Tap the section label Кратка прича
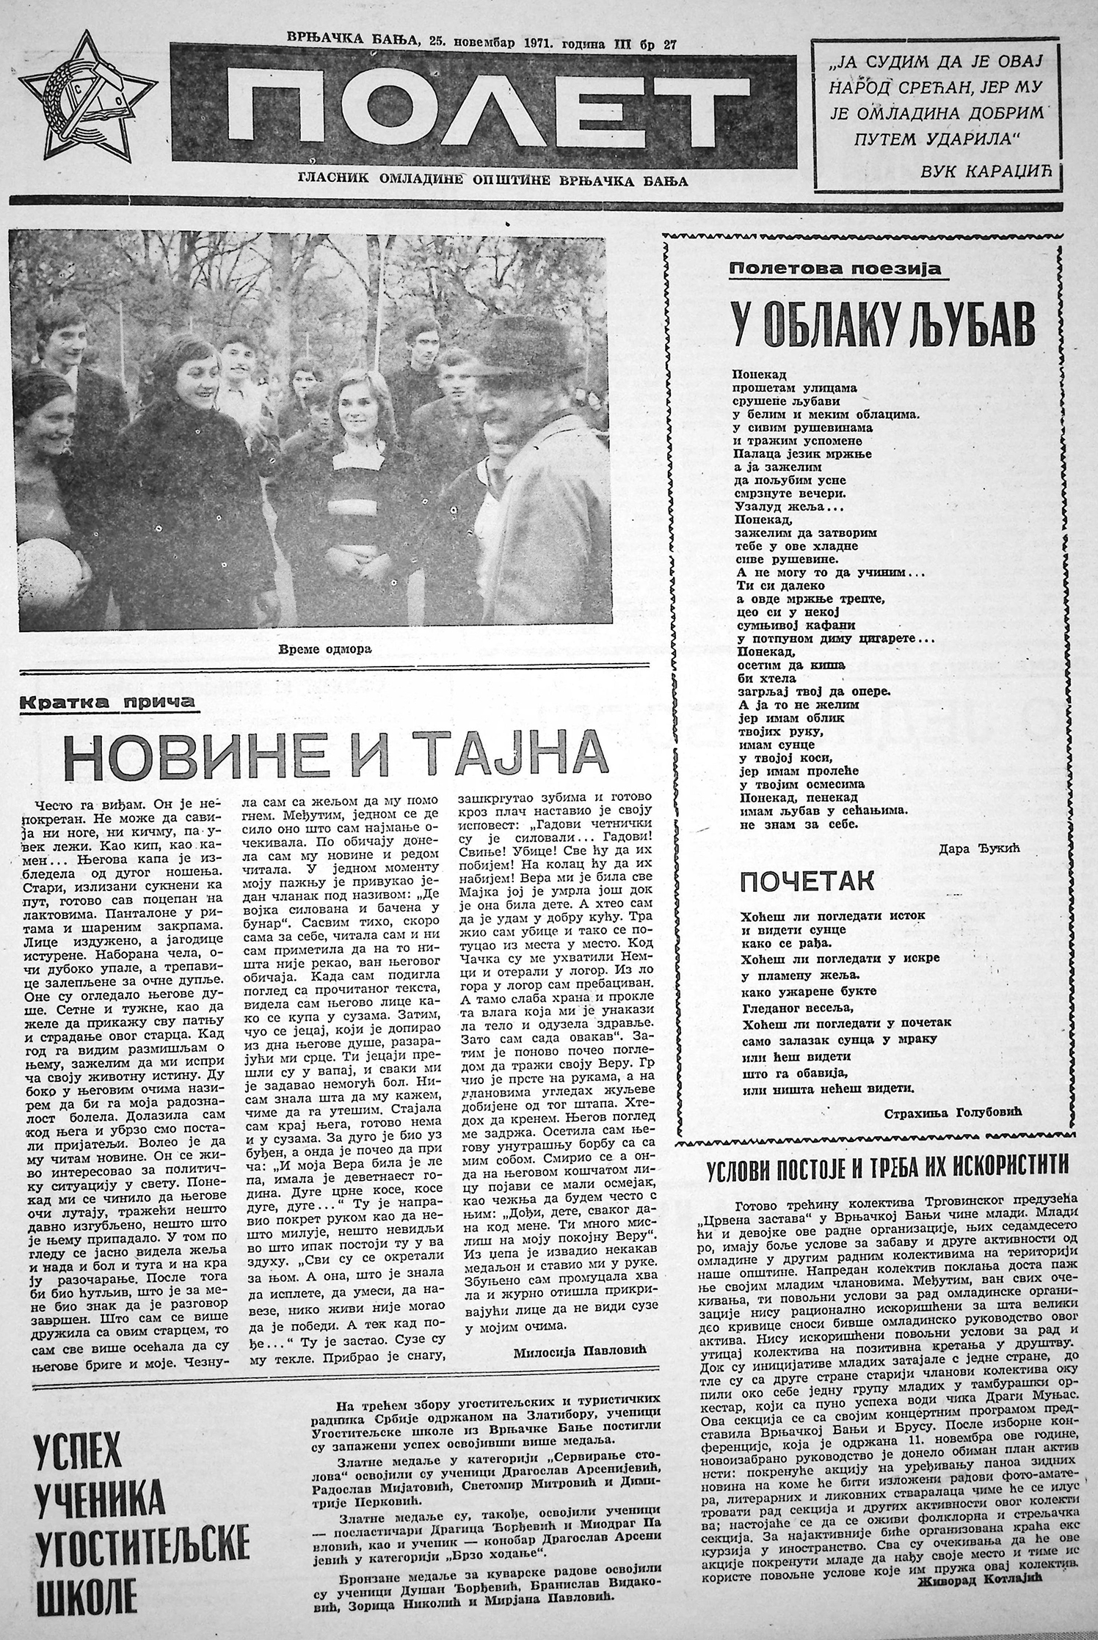[107, 701]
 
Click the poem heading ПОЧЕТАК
[796, 882]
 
